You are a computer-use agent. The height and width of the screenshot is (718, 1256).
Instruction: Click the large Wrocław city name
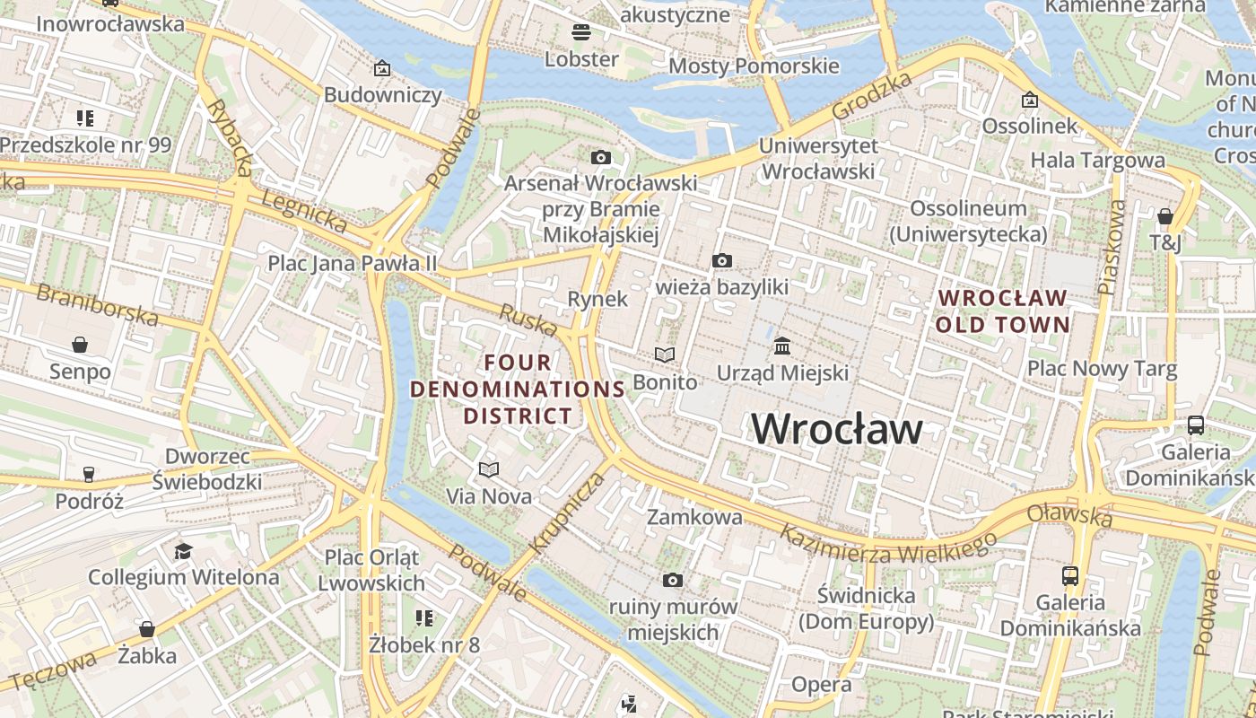click(x=836, y=429)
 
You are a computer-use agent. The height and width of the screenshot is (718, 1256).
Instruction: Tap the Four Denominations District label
click(x=518, y=389)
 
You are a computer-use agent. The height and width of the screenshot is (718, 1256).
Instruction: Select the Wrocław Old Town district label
click(x=1003, y=311)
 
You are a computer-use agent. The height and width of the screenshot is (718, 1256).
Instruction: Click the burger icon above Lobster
click(x=581, y=33)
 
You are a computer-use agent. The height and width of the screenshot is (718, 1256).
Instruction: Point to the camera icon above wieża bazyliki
click(x=721, y=261)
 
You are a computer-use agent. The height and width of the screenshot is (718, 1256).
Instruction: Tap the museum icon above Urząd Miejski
click(x=782, y=346)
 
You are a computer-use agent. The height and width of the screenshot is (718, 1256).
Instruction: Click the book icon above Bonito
click(x=664, y=355)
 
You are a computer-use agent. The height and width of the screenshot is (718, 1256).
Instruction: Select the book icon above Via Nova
click(x=489, y=469)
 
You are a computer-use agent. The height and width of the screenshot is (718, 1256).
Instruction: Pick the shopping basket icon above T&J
click(x=1164, y=216)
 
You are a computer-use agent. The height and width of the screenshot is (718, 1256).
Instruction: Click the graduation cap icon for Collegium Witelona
click(x=183, y=551)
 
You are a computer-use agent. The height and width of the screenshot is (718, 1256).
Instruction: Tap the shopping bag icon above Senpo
click(x=80, y=345)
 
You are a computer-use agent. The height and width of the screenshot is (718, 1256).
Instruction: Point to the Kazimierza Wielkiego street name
click(x=887, y=544)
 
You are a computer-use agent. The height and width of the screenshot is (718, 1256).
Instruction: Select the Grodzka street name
click(x=871, y=96)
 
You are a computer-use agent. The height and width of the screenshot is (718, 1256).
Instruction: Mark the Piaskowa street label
click(x=1112, y=247)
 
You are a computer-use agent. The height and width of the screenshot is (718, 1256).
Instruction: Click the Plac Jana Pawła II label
click(x=353, y=263)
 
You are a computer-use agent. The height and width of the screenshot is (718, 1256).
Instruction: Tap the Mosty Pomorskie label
click(x=754, y=66)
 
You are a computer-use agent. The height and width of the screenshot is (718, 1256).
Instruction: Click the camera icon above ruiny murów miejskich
click(x=672, y=581)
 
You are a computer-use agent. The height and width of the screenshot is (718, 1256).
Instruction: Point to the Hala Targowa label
click(x=1097, y=161)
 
